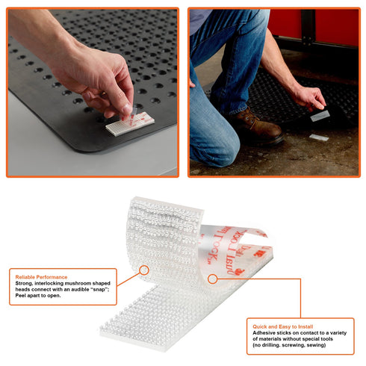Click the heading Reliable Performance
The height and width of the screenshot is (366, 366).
(41, 277)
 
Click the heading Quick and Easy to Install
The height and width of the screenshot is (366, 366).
(283, 326)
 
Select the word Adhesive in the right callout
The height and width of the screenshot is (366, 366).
(264, 332)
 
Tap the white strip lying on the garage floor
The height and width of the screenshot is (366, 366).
(319, 137)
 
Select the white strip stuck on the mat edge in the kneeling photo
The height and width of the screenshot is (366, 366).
(320, 116)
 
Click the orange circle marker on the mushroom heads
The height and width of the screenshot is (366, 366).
(144, 270)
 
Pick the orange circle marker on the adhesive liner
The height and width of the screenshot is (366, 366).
(212, 279)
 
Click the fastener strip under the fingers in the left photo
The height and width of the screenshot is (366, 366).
(130, 124)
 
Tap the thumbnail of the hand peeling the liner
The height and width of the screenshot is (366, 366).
(93, 93)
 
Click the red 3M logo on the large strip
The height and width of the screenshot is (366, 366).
(259, 254)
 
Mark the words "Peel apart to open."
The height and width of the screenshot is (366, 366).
(38, 296)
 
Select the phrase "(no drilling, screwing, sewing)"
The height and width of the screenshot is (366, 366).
(289, 345)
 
